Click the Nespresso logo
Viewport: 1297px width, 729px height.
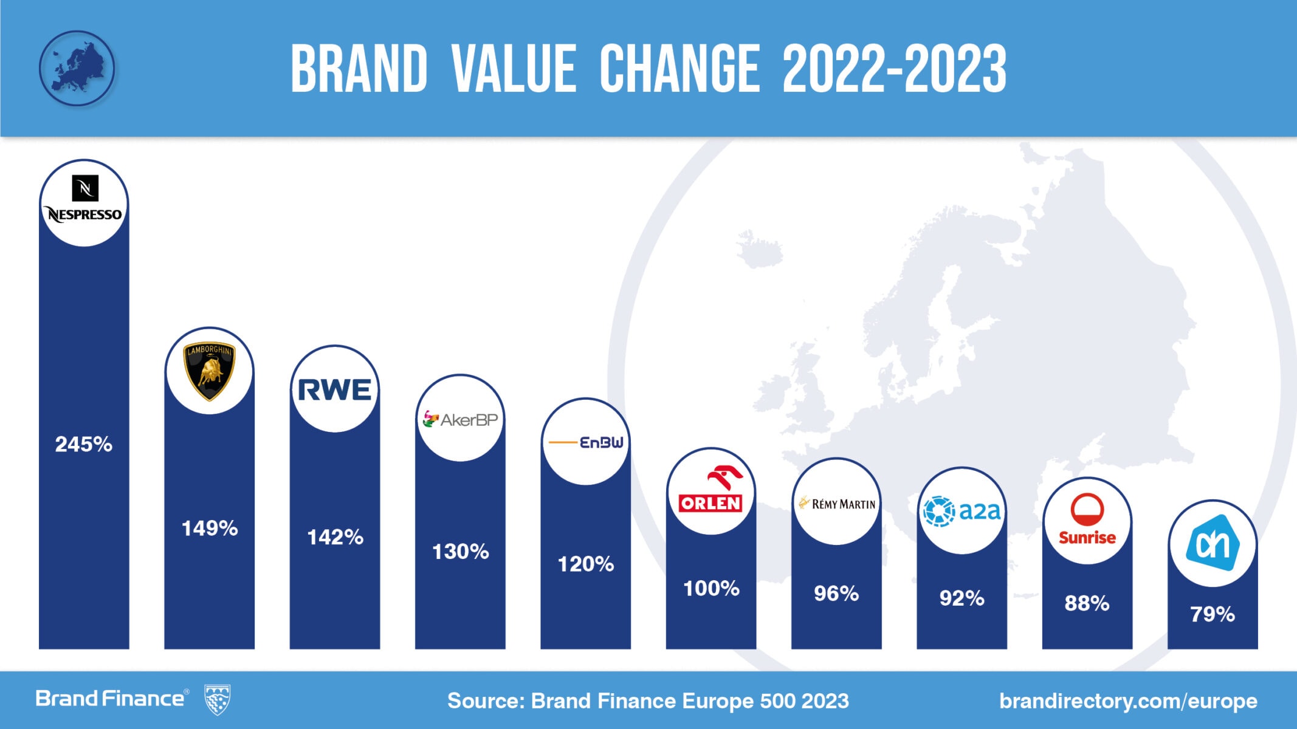[84, 202]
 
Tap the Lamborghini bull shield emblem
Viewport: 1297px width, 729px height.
[209, 371]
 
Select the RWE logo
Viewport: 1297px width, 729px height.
[334, 389]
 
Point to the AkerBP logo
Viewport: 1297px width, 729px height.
[460, 419]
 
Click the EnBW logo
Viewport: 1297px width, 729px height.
[585, 442]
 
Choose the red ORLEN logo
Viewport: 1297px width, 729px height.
[710, 491]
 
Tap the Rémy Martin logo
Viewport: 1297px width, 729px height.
[836, 503]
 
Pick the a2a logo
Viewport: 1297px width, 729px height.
[962, 511]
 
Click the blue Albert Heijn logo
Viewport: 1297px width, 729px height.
[1212, 543]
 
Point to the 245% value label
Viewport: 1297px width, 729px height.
[84, 444]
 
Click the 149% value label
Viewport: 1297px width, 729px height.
[209, 528]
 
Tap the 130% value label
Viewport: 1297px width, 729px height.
[460, 552]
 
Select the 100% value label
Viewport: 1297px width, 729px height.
[710, 588]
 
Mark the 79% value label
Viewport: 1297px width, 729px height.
[1212, 614]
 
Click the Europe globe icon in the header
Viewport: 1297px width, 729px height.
[77, 68]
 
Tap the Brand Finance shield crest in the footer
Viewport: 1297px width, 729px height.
[217, 699]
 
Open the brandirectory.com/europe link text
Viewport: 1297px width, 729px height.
[1128, 700]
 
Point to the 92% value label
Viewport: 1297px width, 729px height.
[962, 598]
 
